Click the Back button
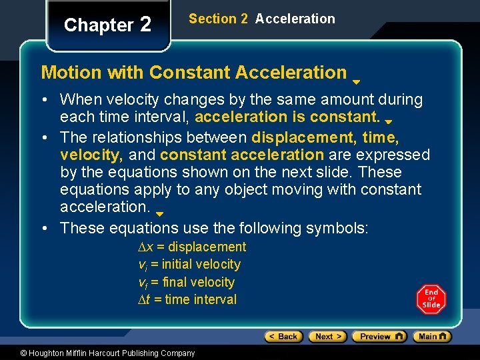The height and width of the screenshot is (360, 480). coord(283,337)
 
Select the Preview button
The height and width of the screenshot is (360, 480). coord(379,337)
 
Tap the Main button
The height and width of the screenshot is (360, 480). coord(432,337)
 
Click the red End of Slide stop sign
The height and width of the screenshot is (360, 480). coord(431,299)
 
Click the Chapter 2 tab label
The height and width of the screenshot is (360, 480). coord(108,25)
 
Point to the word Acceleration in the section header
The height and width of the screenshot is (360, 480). coord(295,19)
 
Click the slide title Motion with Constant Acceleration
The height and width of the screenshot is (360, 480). coord(194,72)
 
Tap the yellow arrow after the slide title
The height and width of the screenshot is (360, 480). coord(357,82)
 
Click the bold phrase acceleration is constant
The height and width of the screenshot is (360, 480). coord(288,118)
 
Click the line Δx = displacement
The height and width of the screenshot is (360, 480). coord(191,247)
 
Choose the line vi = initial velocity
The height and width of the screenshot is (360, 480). coord(189,264)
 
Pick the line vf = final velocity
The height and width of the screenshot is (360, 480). coord(186,282)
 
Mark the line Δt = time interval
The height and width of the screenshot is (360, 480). coord(187,299)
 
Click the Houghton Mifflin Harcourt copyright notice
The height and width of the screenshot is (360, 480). coord(107,353)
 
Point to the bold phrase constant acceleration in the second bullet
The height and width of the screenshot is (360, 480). coord(242,155)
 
